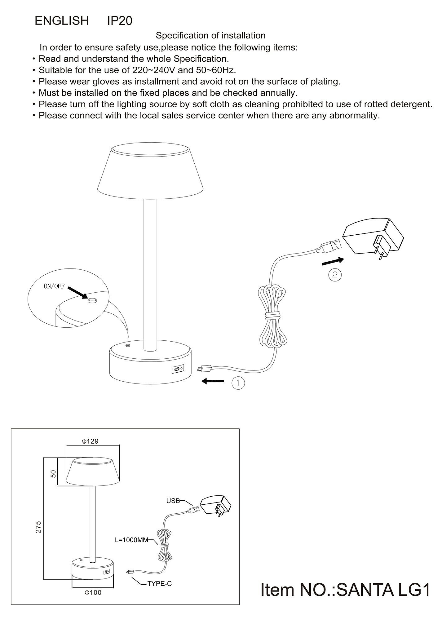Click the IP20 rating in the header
tap(120, 21)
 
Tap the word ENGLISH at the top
tap(62, 21)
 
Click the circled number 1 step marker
tap(238, 383)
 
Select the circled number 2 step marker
tap(335, 275)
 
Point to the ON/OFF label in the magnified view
tap(54, 286)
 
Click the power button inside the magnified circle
tap(92, 300)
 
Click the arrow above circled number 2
tap(333, 261)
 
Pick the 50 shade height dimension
tap(53, 474)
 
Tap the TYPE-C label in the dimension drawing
tap(159, 584)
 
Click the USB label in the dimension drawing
tap(173, 501)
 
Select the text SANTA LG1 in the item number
tap(383, 590)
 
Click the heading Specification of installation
tap(210, 36)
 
